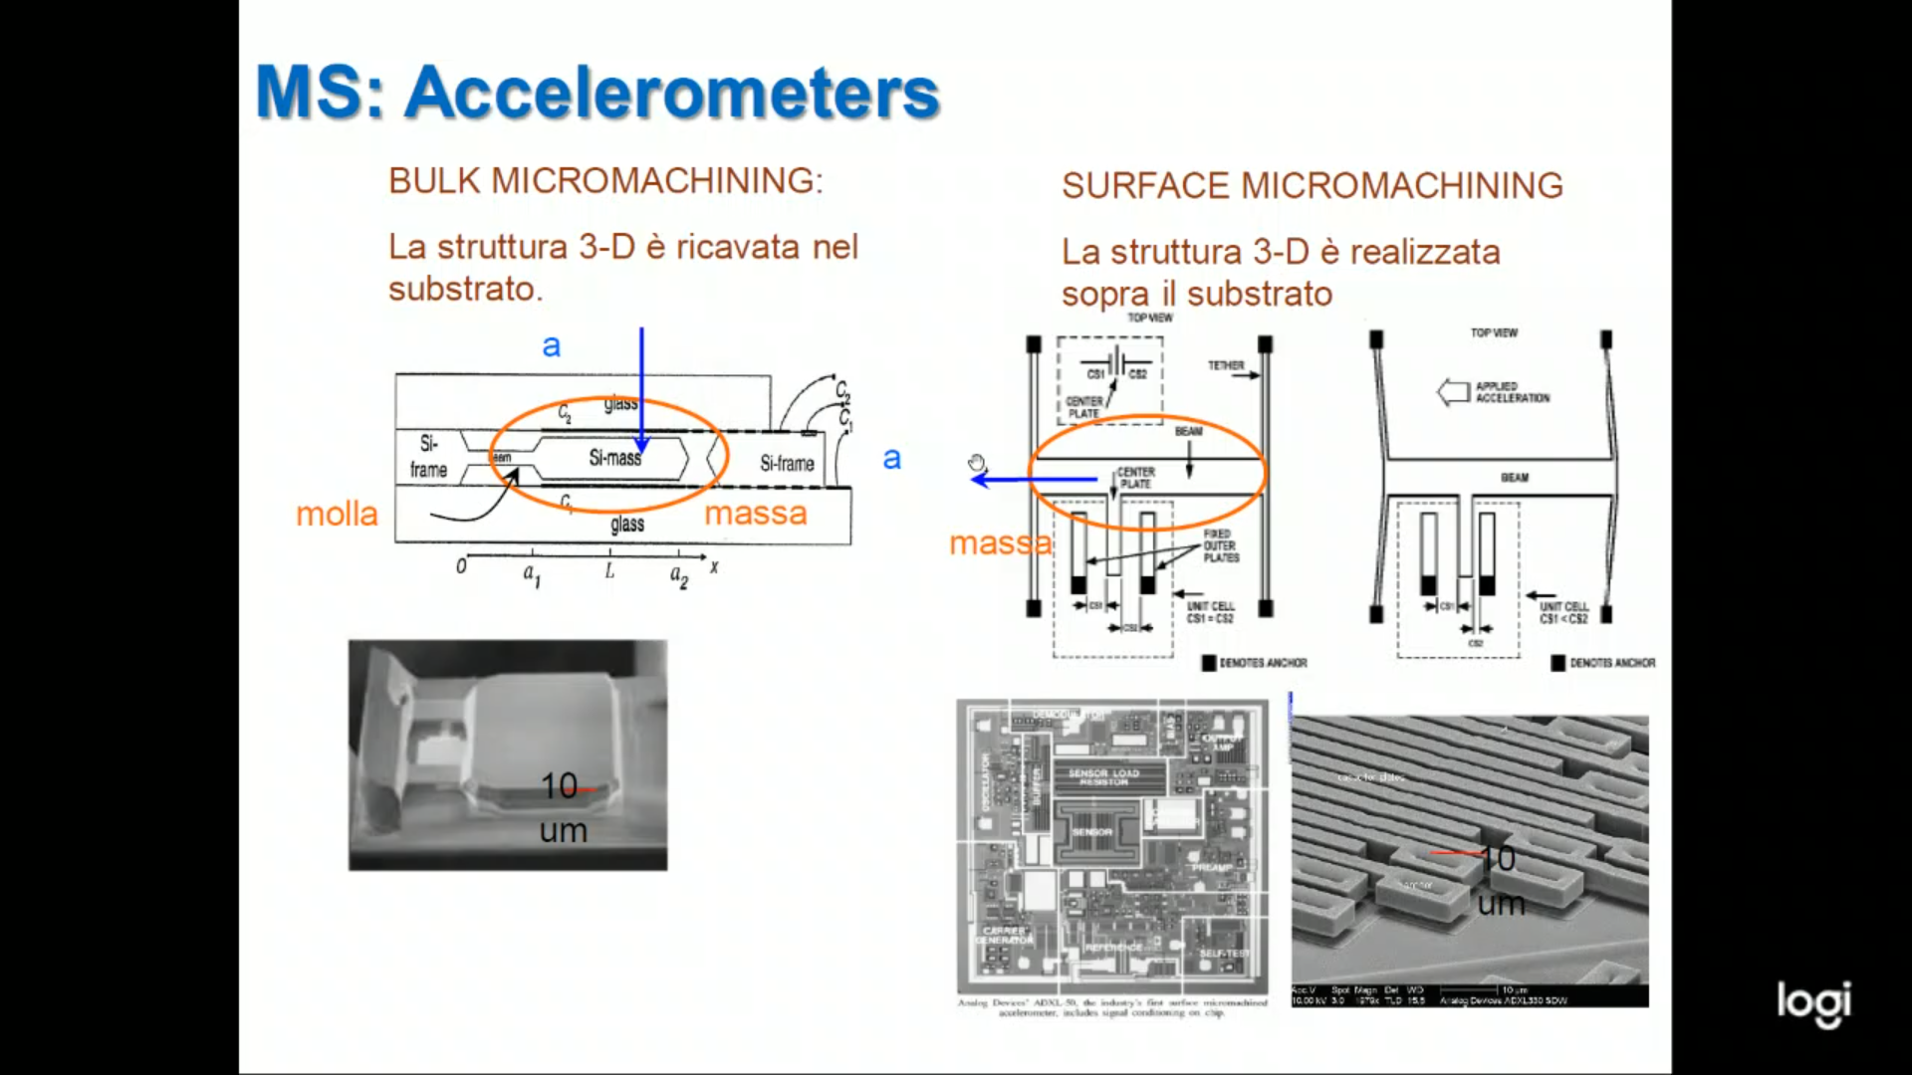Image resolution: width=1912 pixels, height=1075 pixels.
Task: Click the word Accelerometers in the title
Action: pyautogui.click(x=672, y=93)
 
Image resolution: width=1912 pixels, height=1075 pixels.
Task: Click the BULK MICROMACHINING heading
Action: pyautogui.click(x=605, y=181)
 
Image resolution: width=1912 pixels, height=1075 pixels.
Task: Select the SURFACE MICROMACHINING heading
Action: pyautogui.click(x=1312, y=186)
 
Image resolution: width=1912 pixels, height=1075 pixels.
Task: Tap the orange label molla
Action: pyautogui.click(x=337, y=515)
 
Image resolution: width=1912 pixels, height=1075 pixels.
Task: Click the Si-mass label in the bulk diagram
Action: pyautogui.click(x=614, y=458)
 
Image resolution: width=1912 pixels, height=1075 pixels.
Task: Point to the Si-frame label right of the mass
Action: pyautogui.click(x=787, y=464)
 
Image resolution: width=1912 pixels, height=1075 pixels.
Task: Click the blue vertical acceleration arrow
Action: pyautogui.click(x=641, y=388)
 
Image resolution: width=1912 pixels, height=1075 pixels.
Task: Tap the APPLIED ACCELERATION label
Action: pyautogui.click(x=1512, y=392)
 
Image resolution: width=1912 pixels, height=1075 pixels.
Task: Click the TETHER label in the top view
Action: pyautogui.click(x=1226, y=366)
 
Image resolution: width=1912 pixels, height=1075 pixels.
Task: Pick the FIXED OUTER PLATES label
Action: pyautogui.click(x=1221, y=545)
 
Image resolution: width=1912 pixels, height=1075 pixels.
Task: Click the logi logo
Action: pyautogui.click(x=1813, y=1002)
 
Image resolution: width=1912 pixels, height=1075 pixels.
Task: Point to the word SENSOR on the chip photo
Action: pyautogui.click(x=1091, y=832)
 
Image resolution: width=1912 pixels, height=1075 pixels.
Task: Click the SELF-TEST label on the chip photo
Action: pyautogui.click(x=1223, y=954)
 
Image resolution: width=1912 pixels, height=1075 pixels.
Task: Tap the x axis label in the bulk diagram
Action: pyautogui.click(x=714, y=567)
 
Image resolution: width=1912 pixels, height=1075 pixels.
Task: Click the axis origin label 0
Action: pyautogui.click(x=461, y=567)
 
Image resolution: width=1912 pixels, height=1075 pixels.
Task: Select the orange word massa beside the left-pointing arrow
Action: pyautogui.click(x=999, y=543)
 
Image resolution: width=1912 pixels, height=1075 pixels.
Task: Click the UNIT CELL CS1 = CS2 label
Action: pyautogui.click(x=1210, y=612)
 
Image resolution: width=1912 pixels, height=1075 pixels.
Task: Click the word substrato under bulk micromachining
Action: pyautogui.click(x=464, y=290)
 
